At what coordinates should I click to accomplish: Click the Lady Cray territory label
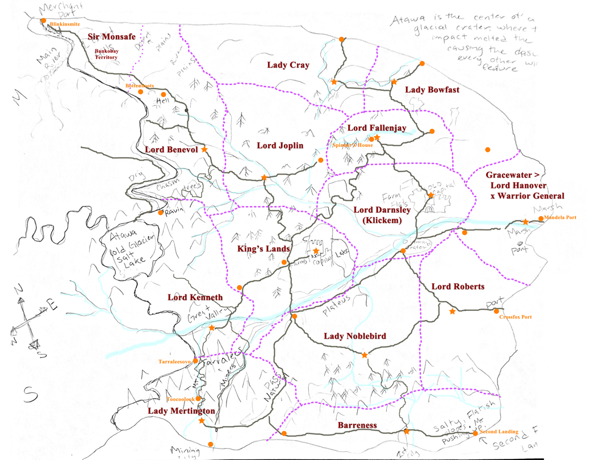288,65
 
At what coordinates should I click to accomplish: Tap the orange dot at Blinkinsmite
43,21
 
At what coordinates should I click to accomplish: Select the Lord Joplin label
280,146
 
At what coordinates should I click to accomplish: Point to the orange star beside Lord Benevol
204,149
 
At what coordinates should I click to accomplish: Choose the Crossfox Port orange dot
496,311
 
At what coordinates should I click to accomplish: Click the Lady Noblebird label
354,336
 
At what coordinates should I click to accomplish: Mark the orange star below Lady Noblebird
365,355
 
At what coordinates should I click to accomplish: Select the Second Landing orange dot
475,433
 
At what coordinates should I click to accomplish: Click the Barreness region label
358,425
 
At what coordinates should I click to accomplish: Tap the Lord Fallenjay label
377,128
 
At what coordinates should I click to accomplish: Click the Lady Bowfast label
432,90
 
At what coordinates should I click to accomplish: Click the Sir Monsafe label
111,37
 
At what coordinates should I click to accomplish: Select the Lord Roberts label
458,286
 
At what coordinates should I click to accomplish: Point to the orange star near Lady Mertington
201,421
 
